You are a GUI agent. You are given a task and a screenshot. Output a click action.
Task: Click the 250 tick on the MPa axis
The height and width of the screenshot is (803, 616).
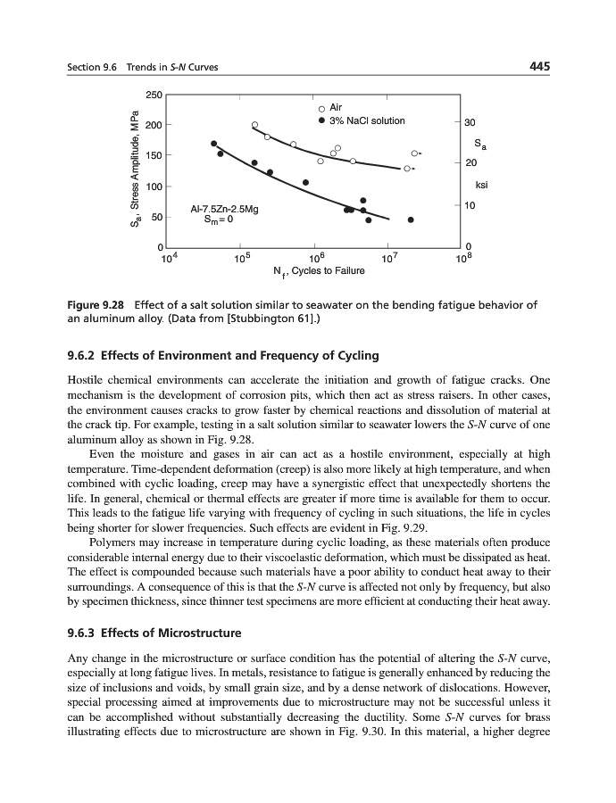tap(154, 94)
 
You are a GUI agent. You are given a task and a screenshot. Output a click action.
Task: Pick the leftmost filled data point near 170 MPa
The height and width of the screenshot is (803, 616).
tap(213, 144)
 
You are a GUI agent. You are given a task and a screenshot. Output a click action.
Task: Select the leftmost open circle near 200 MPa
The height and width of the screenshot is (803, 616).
tap(254, 125)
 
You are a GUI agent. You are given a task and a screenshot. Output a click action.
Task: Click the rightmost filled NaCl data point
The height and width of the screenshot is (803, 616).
tap(411, 219)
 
